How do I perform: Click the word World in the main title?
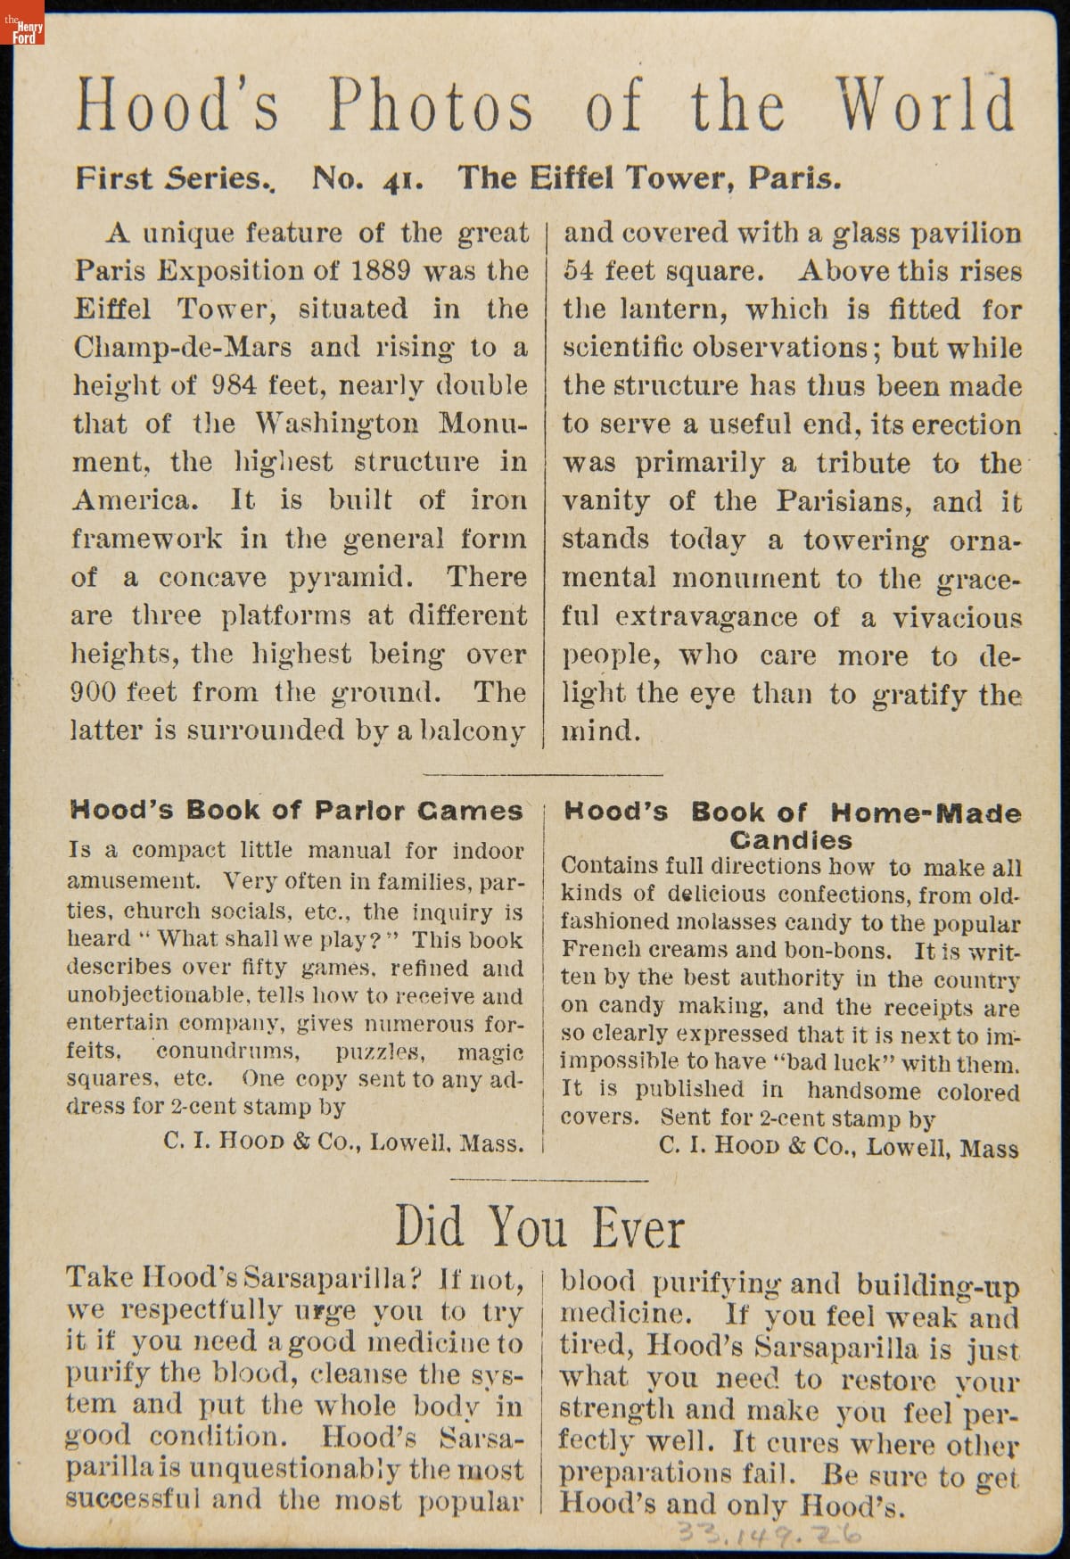(925, 105)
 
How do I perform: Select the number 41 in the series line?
(404, 180)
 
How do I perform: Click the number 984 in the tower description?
(235, 385)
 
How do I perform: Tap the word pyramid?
(350, 577)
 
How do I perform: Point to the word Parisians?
(843, 500)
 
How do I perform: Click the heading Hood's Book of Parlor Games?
(296, 811)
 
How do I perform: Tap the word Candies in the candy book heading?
(790, 840)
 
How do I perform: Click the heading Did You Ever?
(539, 1227)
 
